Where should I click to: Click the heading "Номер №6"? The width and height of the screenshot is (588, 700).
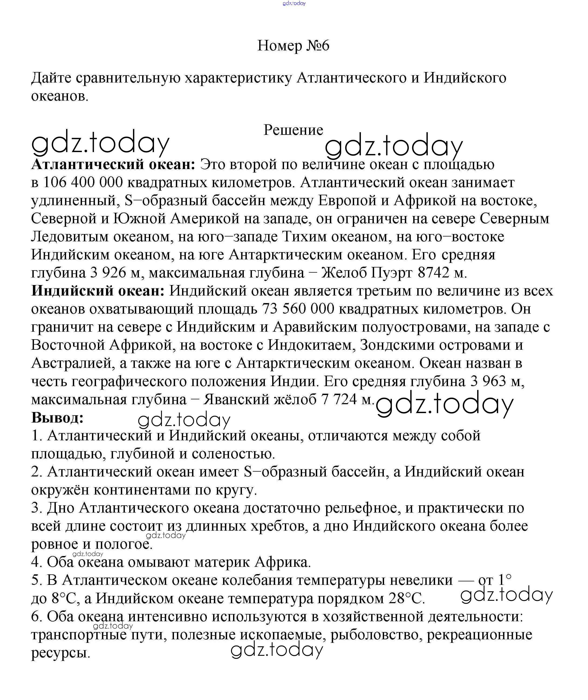click(x=293, y=46)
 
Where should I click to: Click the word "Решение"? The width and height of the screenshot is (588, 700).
click(x=293, y=130)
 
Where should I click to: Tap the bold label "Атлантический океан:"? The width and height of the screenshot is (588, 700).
click(x=113, y=164)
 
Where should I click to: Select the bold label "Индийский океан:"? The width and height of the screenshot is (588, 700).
click(x=98, y=291)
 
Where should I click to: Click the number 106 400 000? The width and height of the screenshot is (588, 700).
click(x=83, y=182)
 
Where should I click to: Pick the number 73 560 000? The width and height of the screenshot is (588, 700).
click(x=298, y=309)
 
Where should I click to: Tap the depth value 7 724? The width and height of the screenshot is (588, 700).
click(x=339, y=399)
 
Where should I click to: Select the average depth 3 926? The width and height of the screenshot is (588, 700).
click(x=108, y=273)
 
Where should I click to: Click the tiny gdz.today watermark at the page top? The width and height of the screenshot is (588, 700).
click(x=294, y=3)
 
